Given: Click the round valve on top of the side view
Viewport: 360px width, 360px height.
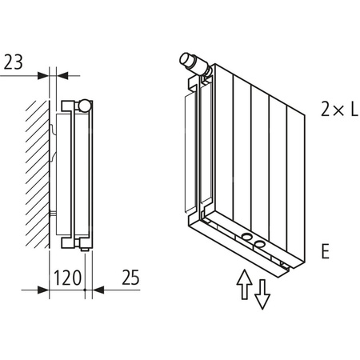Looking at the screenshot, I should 84,104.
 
